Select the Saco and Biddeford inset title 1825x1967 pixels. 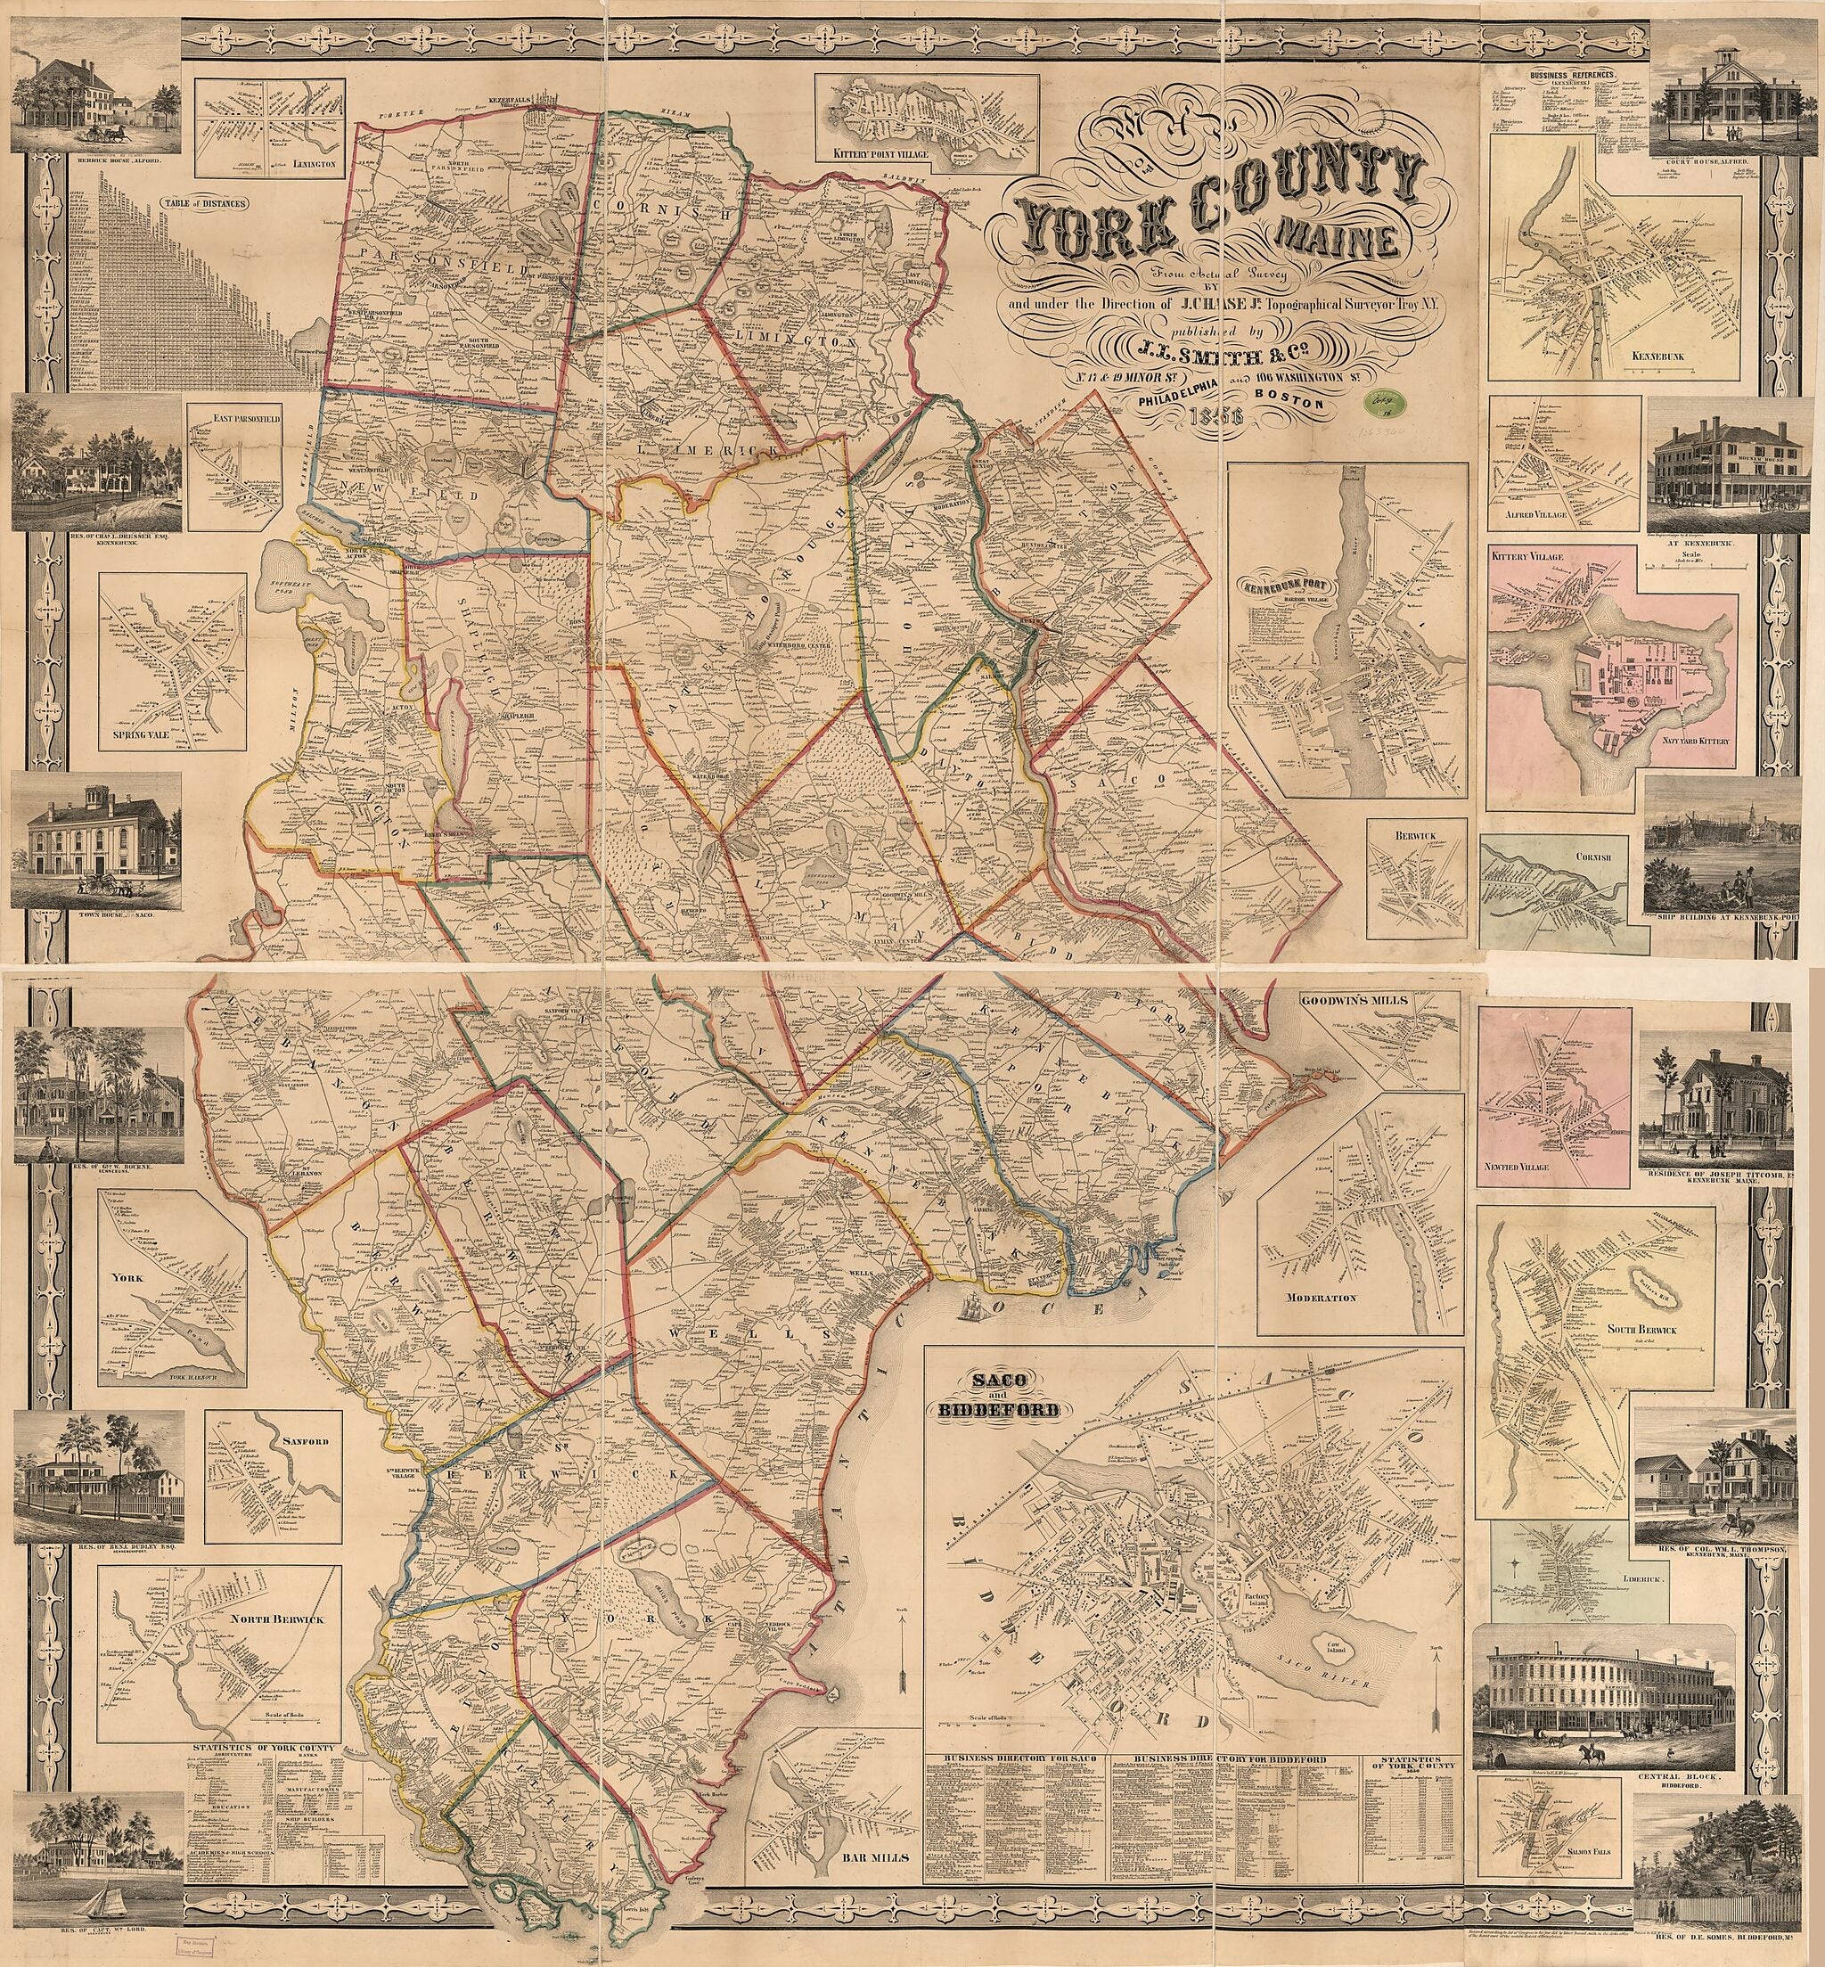click(x=1003, y=1401)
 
